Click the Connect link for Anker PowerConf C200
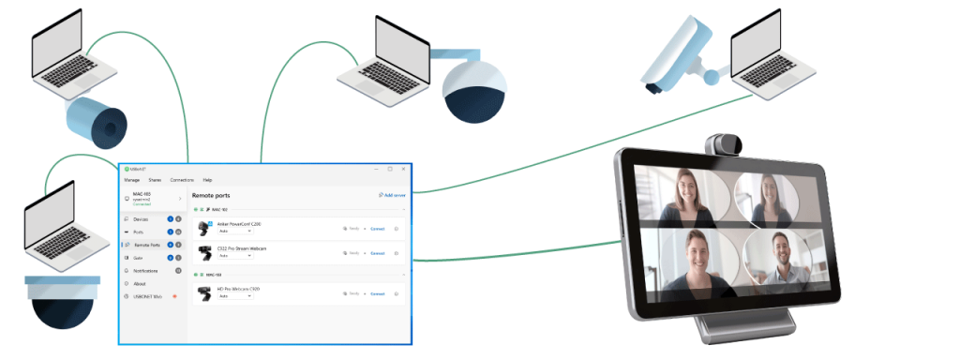tap(378, 228)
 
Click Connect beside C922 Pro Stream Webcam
tap(378, 253)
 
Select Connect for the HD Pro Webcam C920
tap(378, 293)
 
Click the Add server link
tap(392, 195)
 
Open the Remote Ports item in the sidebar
tap(147, 245)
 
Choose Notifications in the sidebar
tap(146, 270)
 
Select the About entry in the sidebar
tap(140, 283)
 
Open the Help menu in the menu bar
tap(207, 179)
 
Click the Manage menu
tap(131, 179)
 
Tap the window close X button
tap(403, 169)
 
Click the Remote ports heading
tap(211, 195)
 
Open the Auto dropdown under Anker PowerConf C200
tap(234, 231)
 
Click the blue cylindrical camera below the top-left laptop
tap(96, 119)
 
